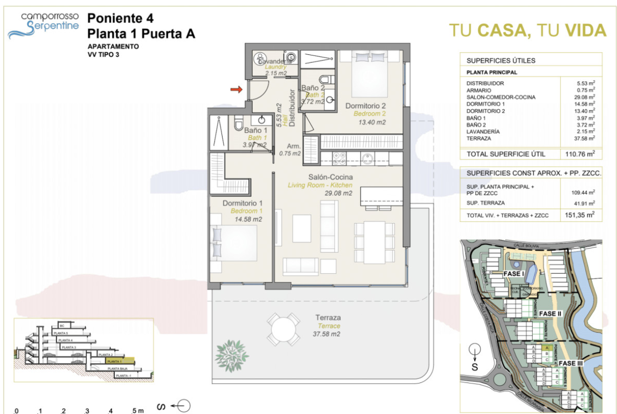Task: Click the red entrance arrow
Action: (x=236, y=90)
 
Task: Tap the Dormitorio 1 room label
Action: (x=243, y=203)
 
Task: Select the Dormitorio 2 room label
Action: (x=370, y=106)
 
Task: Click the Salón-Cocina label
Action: (x=331, y=177)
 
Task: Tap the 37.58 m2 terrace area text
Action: (x=326, y=334)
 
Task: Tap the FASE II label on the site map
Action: (x=552, y=313)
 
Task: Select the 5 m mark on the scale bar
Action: (x=137, y=410)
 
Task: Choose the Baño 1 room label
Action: (x=256, y=130)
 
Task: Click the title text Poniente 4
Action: (x=120, y=18)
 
